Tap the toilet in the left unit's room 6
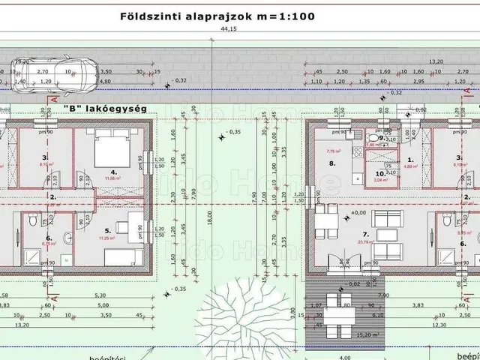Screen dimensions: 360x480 point(32,223)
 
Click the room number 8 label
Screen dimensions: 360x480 point(332,162)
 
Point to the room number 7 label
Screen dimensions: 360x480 point(344,235)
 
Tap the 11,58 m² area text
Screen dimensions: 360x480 point(113,178)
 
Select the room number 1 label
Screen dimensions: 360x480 point(410,160)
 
